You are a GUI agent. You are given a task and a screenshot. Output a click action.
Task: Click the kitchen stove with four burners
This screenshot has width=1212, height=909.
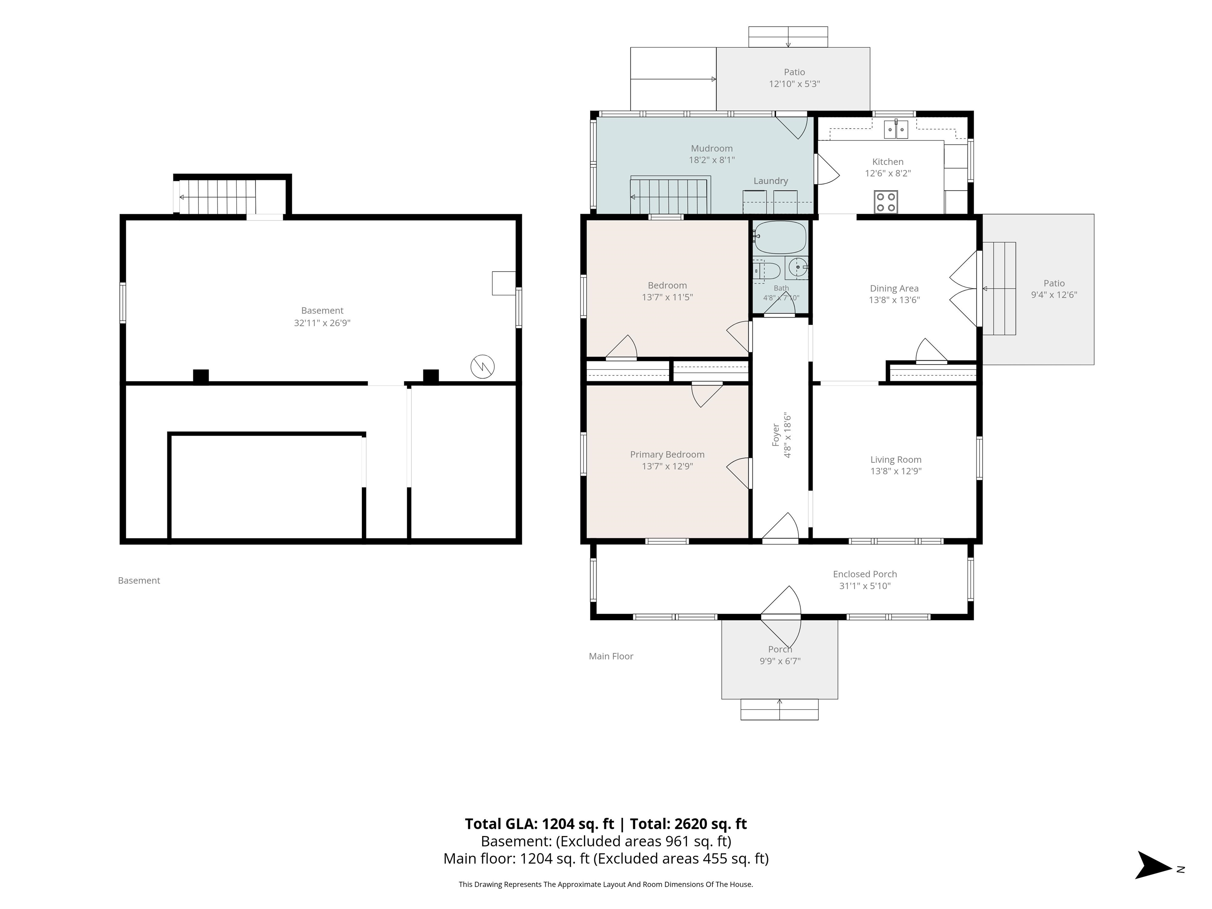(885, 202)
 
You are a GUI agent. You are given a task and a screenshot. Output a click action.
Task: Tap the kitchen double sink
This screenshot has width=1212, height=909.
(896, 129)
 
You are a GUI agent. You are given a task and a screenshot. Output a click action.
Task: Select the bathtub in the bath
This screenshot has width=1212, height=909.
(780, 237)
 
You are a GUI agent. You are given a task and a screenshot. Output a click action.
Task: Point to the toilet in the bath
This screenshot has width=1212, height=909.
(767, 270)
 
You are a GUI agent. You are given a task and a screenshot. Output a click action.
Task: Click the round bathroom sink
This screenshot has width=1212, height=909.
(797, 268)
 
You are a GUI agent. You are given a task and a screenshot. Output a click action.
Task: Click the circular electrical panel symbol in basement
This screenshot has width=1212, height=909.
(483, 367)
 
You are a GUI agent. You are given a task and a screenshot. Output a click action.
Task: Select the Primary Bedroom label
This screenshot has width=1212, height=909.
(667, 454)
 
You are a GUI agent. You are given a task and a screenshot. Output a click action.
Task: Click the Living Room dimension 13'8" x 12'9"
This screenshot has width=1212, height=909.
(896, 471)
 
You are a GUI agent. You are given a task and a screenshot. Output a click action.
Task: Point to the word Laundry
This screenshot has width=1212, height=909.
(771, 181)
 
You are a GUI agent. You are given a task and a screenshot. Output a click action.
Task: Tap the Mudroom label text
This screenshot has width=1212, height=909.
(711, 148)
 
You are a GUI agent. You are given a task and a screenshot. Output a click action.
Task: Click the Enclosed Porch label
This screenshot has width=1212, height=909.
(865, 574)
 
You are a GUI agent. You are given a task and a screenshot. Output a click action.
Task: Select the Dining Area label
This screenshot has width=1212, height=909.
(894, 288)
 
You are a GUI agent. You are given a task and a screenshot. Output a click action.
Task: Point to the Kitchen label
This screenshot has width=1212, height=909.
(888, 162)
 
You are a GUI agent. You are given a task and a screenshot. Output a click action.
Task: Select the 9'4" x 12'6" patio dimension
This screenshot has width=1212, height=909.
(1054, 295)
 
